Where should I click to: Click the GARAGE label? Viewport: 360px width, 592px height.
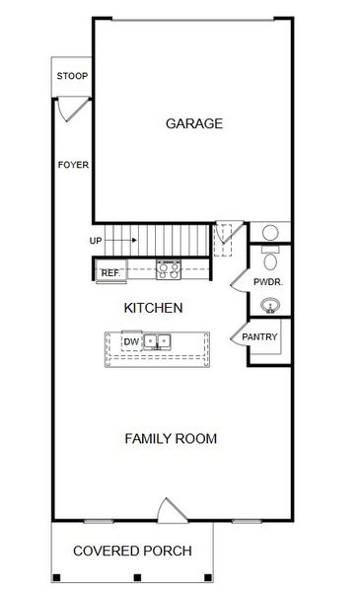coord(193,123)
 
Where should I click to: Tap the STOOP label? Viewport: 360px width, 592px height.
coord(71,76)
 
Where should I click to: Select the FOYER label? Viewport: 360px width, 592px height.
coord(74,165)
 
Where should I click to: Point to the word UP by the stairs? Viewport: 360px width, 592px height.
coord(96,240)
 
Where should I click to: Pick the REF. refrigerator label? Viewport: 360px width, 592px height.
coord(110,272)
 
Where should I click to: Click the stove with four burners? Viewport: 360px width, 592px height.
coord(169,267)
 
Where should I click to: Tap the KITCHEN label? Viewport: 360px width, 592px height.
coord(153,308)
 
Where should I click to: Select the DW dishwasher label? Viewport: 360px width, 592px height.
coord(131,342)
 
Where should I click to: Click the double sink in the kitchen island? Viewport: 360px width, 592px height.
coord(157,342)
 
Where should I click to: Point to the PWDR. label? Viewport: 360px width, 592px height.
coord(268,282)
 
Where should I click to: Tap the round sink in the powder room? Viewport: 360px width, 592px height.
coord(269,307)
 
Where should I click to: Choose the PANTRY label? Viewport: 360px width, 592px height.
coord(259,337)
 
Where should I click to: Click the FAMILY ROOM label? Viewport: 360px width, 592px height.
coord(171,438)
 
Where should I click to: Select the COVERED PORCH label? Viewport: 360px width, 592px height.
coord(131,552)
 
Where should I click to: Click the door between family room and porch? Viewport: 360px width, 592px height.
coord(171,510)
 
